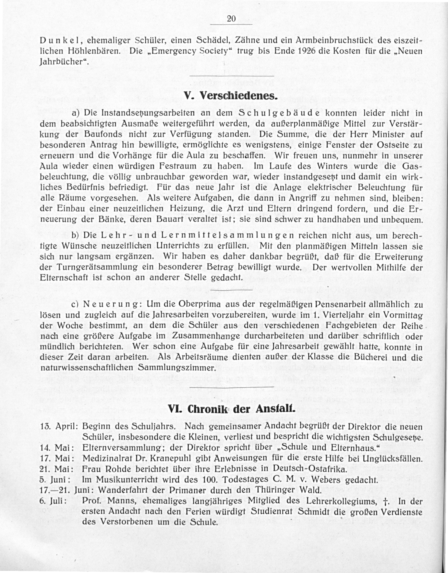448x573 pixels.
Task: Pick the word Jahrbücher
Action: pyautogui.click(x=63, y=61)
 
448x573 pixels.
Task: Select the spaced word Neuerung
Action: pyautogui.click(x=111, y=305)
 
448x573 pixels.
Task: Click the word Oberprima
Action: pyautogui.click(x=199, y=305)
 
